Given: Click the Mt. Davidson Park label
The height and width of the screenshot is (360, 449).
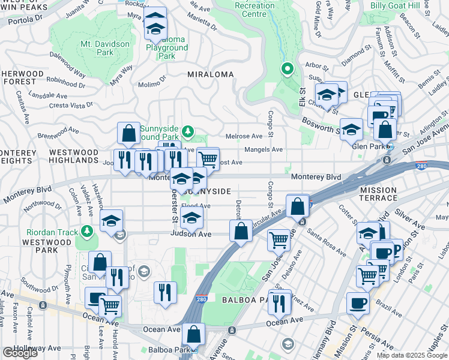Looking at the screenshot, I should (105, 48).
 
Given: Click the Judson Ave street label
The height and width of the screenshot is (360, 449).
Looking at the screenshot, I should (191, 234).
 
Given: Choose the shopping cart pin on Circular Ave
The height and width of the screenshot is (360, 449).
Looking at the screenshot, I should (279, 239).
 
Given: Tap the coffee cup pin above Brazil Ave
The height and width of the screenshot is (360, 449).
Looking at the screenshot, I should (358, 303).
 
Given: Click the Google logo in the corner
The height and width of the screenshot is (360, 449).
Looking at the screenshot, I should (20, 353).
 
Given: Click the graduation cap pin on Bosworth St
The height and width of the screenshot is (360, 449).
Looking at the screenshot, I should (351, 128).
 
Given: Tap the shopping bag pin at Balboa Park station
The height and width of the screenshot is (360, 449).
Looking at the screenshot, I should (194, 334).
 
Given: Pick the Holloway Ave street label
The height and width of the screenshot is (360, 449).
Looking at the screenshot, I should (41, 347).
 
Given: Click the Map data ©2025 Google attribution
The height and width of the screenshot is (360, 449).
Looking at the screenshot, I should (411, 355).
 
